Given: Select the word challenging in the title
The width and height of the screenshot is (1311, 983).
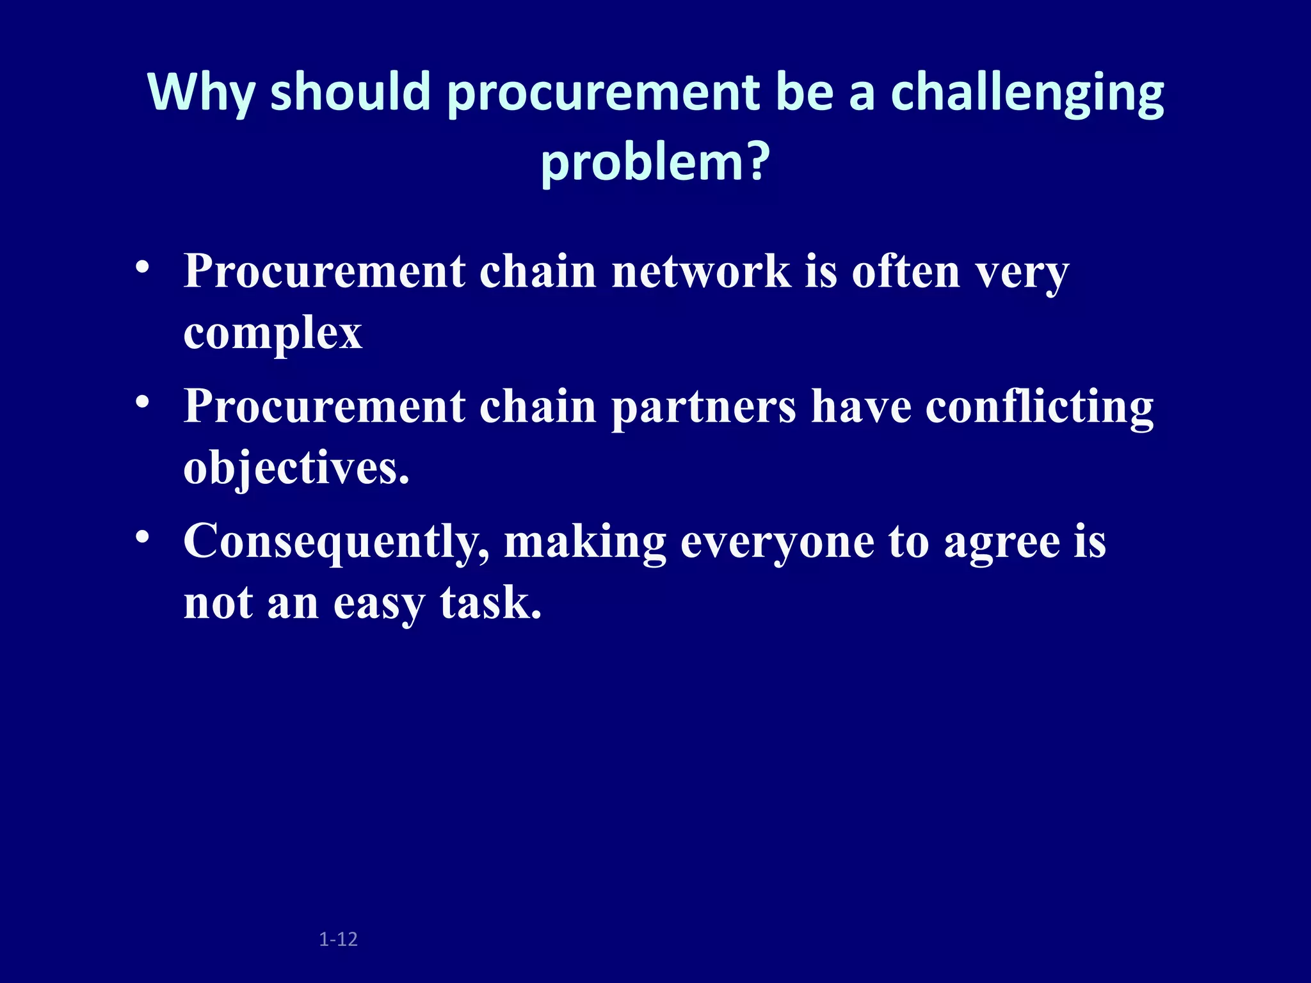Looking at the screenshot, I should click(x=1027, y=92).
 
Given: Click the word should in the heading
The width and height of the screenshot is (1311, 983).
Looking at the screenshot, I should click(x=350, y=92).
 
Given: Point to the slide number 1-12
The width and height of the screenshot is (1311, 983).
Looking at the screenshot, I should click(x=338, y=939).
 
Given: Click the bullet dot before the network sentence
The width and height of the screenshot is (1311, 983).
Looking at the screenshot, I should click(x=143, y=267).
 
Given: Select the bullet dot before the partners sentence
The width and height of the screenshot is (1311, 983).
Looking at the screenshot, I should click(x=143, y=402).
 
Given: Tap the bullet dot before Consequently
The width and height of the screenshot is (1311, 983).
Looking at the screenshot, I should click(x=143, y=536).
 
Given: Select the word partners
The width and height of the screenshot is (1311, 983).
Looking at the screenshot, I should click(x=704, y=407).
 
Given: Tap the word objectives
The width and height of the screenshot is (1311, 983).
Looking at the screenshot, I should click(x=296, y=468).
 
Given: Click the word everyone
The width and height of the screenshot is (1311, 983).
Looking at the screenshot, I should click(x=776, y=541).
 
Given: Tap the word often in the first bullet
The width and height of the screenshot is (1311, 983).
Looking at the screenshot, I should click(x=906, y=271).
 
